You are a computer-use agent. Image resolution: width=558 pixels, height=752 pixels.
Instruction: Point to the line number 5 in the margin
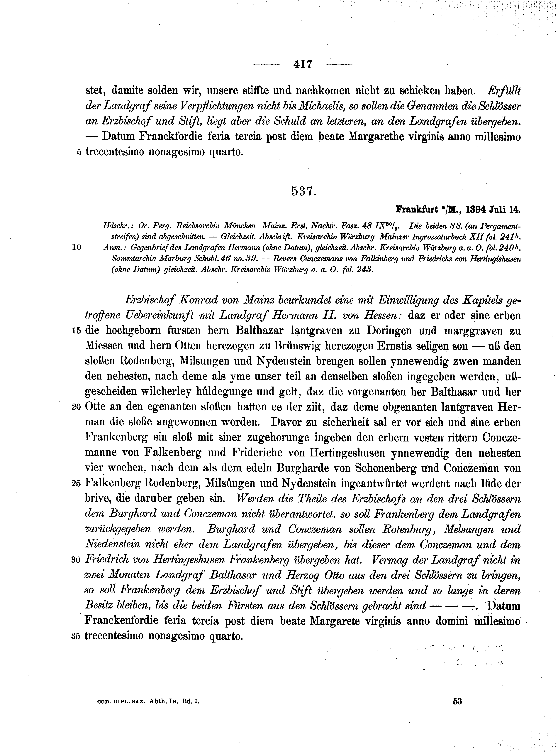click(x=79, y=152)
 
